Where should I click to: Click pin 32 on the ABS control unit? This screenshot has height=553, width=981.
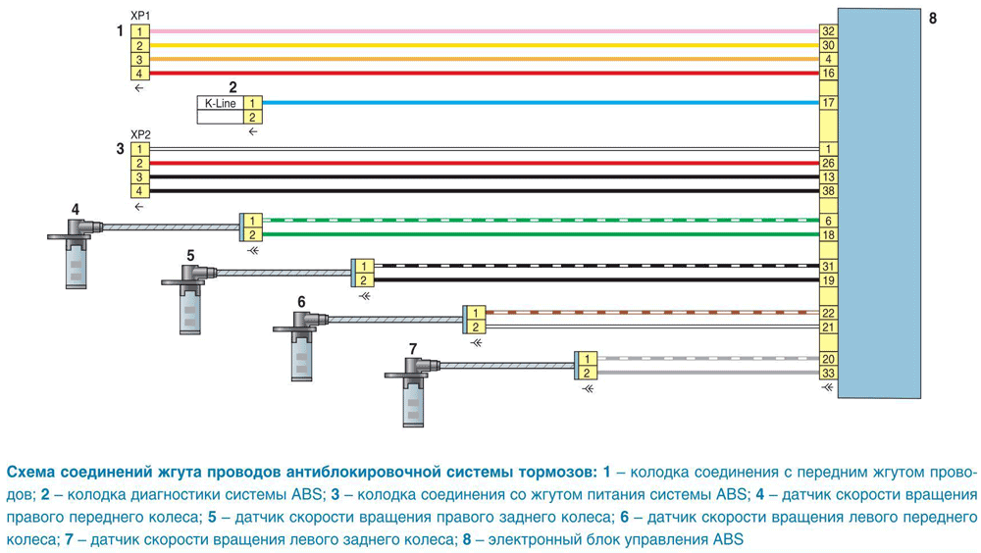click(828, 31)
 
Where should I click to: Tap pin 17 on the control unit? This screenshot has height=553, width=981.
click(828, 103)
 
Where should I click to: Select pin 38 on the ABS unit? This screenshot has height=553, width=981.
click(828, 191)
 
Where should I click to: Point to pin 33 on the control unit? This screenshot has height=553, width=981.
click(828, 374)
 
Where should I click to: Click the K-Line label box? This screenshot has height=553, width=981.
click(220, 103)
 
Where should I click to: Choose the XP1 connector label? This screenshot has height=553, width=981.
click(140, 16)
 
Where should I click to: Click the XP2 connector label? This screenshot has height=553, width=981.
click(140, 134)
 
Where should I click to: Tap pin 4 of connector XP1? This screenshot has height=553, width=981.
click(139, 74)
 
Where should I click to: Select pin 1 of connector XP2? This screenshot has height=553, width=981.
click(139, 149)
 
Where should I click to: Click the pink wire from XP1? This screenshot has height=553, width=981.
click(485, 31)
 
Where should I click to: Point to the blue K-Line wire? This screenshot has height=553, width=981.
click(541, 103)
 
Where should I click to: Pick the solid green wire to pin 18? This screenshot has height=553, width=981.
click(541, 234)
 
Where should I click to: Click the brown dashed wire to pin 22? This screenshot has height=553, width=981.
click(652, 312)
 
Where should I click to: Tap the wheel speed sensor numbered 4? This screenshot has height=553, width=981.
click(76, 250)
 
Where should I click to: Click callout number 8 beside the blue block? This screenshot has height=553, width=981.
click(933, 19)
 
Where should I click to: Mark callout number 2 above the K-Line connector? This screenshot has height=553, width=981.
click(232, 87)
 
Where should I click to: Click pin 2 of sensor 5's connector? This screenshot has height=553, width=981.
click(364, 280)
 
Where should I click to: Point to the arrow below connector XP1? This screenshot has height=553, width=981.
click(139, 88)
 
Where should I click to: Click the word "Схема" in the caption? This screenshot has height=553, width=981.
click(32, 472)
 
